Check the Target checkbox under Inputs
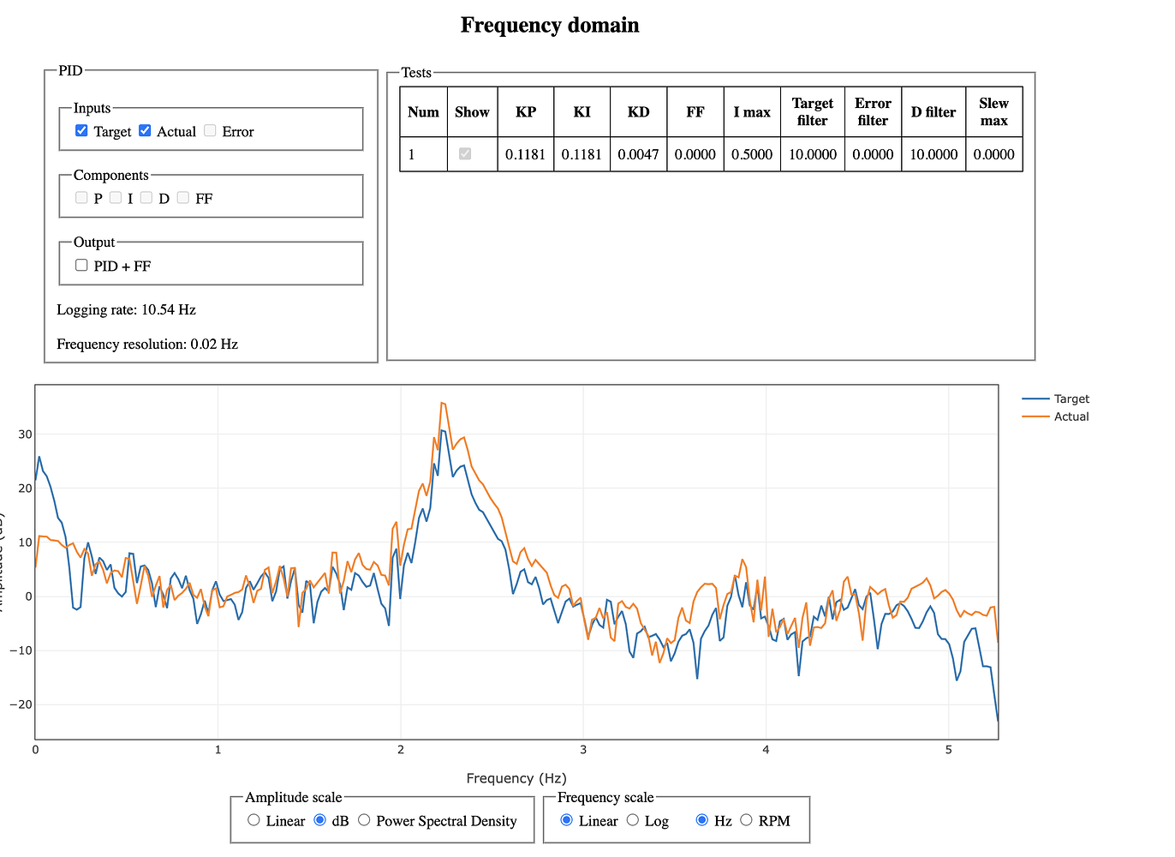click(x=81, y=131)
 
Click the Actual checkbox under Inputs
click(x=145, y=131)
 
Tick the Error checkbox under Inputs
click(x=210, y=131)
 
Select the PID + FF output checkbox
click(x=81, y=266)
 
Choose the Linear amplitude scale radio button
click(x=253, y=820)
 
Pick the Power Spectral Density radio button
click(x=364, y=820)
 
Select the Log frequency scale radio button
click(x=633, y=820)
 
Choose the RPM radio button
click(x=746, y=820)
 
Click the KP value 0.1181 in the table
click(x=525, y=154)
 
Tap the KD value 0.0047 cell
click(x=638, y=154)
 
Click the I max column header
click(x=751, y=112)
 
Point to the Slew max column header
click(x=993, y=112)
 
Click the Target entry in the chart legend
click(x=1071, y=399)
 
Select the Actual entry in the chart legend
click(x=1071, y=417)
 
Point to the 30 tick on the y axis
click(x=25, y=434)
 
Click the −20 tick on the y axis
click(x=21, y=704)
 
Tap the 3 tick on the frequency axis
click(x=583, y=750)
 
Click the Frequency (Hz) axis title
click(x=516, y=778)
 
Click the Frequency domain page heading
click(x=550, y=25)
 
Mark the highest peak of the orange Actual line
click(x=441, y=403)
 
